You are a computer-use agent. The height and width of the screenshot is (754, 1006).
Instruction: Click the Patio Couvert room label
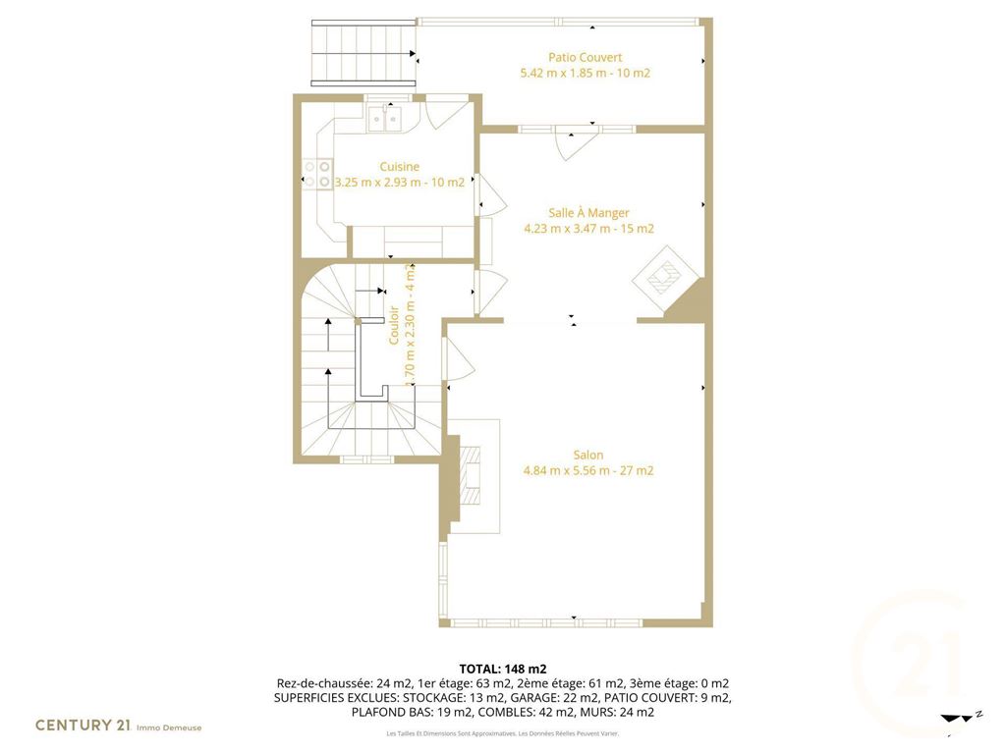[585, 58]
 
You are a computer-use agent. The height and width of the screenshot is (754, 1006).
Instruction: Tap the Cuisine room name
[399, 167]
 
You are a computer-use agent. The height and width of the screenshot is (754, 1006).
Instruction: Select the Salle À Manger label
[588, 213]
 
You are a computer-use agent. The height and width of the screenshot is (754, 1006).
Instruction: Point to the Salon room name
[587, 456]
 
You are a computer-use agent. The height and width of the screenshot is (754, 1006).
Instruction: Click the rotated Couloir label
[394, 325]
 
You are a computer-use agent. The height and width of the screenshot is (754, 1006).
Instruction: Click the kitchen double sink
[384, 119]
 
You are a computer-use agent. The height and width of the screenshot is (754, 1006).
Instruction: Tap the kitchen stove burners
[317, 175]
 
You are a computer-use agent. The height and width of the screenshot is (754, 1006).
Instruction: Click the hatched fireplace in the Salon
[472, 475]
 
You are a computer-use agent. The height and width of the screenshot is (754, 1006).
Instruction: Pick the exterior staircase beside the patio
[363, 53]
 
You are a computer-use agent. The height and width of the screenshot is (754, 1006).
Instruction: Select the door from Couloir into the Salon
[460, 357]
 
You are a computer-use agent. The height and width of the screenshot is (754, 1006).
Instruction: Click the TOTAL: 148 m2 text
[502, 670]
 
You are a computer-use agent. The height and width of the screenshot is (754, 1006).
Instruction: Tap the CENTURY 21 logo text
[83, 726]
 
